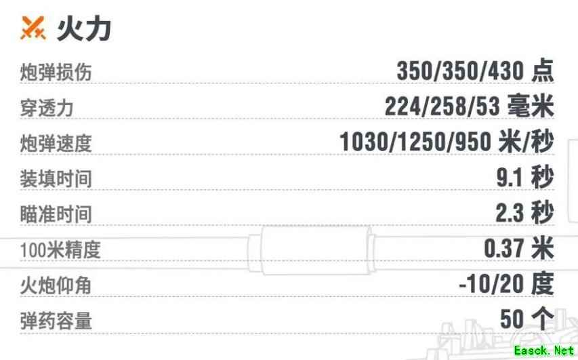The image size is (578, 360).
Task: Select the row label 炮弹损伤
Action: point(56,72)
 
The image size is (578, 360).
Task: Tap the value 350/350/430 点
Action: point(475,71)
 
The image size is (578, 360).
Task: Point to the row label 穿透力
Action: point(47,108)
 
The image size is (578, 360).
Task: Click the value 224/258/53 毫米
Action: point(469,106)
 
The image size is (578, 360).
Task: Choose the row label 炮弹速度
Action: point(56,144)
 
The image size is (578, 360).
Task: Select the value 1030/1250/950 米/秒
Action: point(447,142)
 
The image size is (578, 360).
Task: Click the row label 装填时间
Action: point(56,179)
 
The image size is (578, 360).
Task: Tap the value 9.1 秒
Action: point(525,178)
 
